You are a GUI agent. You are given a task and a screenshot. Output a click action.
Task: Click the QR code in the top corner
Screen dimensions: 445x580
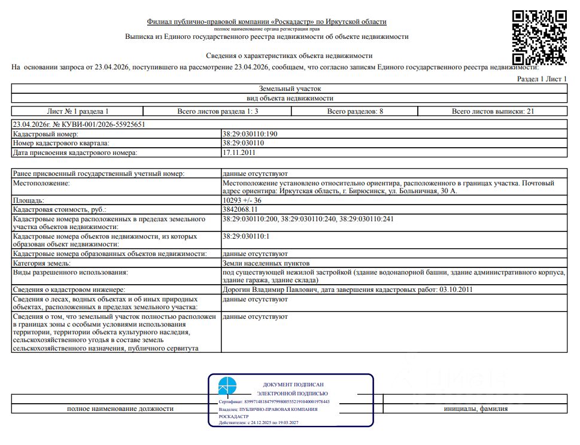click(x=539, y=37)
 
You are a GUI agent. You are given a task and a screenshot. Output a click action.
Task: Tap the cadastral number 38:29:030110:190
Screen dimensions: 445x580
click(x=250, y=134)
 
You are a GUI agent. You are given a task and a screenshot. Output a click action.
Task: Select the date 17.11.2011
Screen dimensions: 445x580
click(x=239, y=153)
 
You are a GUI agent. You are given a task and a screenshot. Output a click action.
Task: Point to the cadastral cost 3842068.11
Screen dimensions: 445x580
click(x=240, y=210)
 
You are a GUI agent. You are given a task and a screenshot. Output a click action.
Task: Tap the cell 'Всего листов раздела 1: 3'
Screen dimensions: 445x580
click(x=217, y=111)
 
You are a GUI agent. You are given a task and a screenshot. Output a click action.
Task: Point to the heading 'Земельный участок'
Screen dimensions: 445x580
click(x=290, y=88)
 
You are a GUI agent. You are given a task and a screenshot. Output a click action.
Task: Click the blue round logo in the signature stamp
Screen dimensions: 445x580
click(x=227, y=386)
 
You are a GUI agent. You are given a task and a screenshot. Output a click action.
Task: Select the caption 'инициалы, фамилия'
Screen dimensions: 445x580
click(x=476, y=409)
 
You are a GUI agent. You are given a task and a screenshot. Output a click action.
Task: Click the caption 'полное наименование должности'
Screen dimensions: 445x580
click(x=120, y=409)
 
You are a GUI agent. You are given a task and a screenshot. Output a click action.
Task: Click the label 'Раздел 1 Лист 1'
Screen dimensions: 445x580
click(x=541, y=79)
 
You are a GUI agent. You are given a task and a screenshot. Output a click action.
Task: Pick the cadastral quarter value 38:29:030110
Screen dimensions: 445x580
click(x=243, y=144)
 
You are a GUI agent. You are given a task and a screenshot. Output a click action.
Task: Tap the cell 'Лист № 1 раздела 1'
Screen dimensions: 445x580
click(x=78, y=111)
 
